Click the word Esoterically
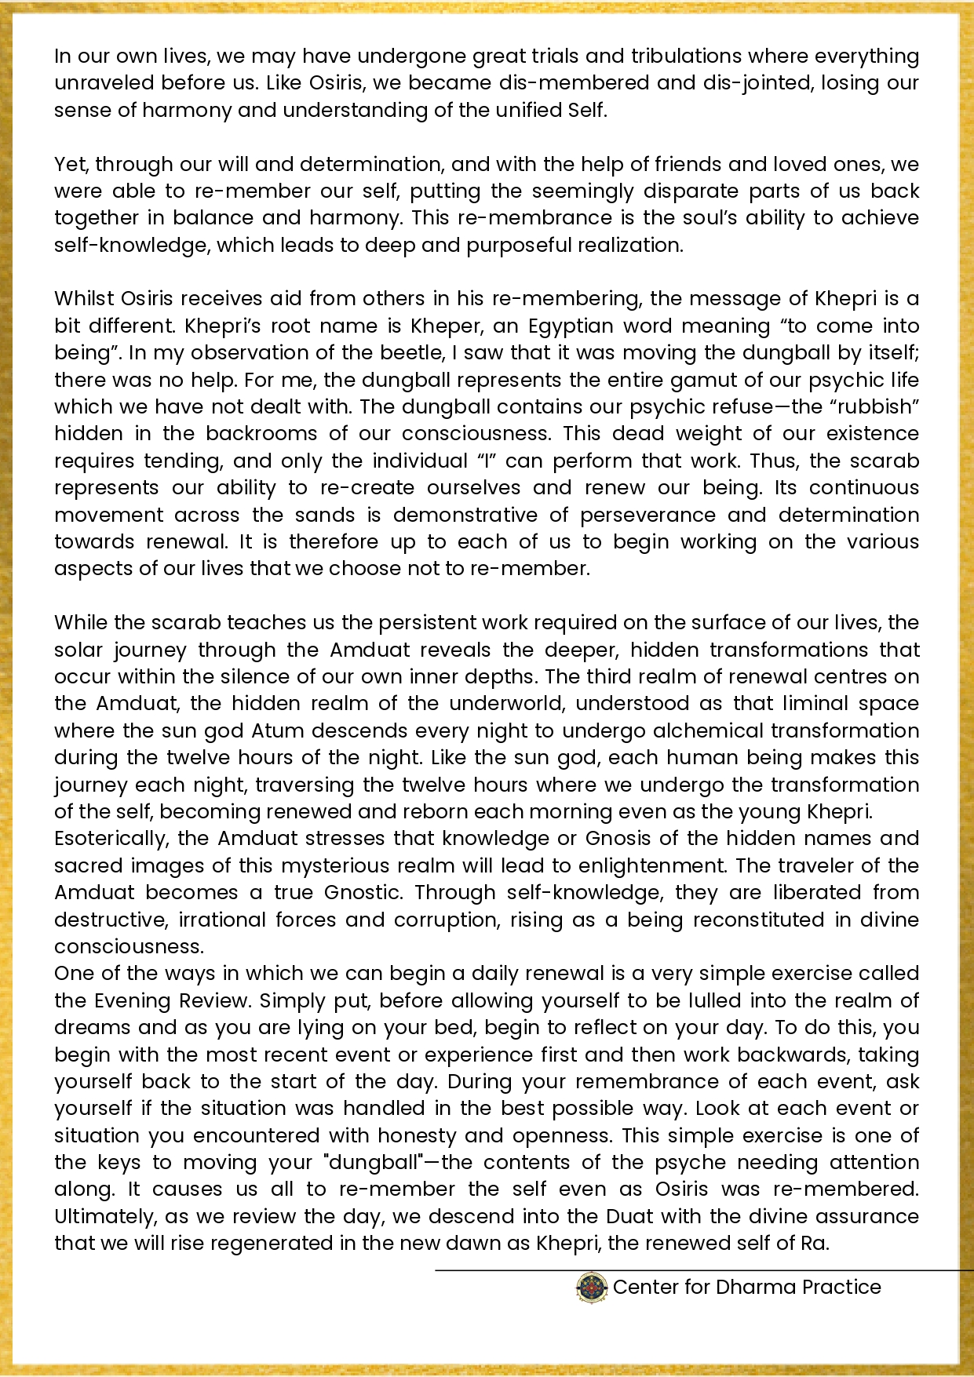click(x=111, y=839)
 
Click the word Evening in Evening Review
click(x=132, y=1001)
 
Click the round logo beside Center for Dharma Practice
click(x=592, y=1288)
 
